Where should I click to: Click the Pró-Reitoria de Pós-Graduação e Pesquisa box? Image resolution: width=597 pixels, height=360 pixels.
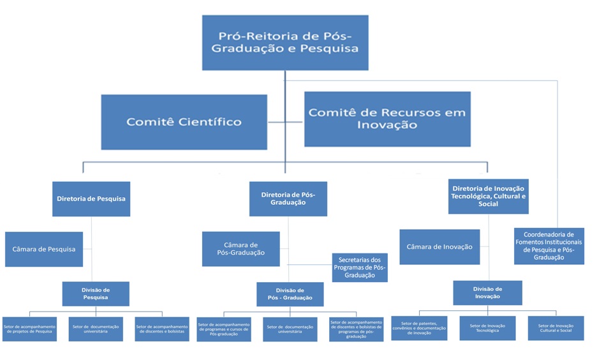point(285,42)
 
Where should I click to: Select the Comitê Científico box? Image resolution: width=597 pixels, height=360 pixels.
point(184,122)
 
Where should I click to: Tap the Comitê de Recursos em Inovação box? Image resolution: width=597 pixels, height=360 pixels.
point(387,119)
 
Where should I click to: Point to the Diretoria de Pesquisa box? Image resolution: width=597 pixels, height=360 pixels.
point(91,199)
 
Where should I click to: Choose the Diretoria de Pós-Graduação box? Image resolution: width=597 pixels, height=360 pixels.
point(288,199)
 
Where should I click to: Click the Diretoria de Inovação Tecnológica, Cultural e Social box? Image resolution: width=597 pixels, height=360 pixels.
point(489,196)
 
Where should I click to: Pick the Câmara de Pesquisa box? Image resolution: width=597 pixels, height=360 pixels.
point(43,249)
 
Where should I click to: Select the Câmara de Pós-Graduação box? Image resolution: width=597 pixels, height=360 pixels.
point(240,249)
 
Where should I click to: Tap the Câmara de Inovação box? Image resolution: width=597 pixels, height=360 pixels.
point(439,246)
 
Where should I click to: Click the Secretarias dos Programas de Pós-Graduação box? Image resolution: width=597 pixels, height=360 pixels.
point(359,267)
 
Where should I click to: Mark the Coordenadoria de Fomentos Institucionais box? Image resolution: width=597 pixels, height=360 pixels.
point(549,246)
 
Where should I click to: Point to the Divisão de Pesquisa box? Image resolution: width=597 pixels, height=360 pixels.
point(96,294)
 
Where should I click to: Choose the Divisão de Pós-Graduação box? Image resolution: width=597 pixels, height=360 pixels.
point(290,294)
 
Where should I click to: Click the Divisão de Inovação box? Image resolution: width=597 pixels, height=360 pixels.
point(488,292)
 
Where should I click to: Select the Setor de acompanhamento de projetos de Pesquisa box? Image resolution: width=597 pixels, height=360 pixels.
point(29,329)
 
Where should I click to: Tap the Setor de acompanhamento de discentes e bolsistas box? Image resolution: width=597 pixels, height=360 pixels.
point(162,329)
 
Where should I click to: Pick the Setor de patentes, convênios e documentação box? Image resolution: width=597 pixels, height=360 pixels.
point(419,328)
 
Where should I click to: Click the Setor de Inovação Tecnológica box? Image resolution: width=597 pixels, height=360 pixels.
point(487,328)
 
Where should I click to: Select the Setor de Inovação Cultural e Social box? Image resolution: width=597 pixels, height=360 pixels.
point(556,328)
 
